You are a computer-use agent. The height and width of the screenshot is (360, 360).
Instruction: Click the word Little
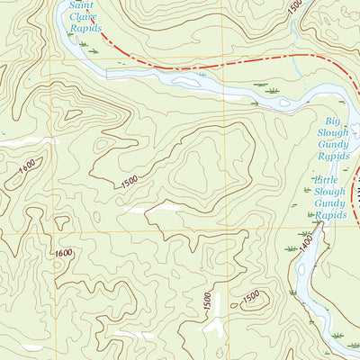[x=326, y=181]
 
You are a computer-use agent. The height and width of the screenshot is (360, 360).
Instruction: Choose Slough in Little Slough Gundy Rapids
[x=330, y=193]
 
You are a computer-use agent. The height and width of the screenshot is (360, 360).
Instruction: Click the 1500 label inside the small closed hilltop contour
[x=252, y=295]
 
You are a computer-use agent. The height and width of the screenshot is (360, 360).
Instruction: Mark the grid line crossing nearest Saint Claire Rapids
[x=64, y=60]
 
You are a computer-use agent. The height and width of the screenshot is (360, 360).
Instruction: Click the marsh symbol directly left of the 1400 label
[x=291, y=247]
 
